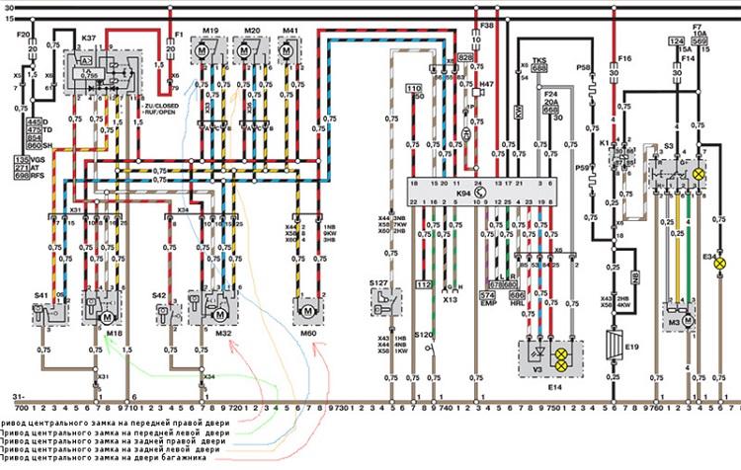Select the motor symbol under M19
(210, 58)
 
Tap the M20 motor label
(252, 31)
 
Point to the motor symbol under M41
(289, 58)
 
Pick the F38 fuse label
(486, 23)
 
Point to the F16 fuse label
(623, 59)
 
